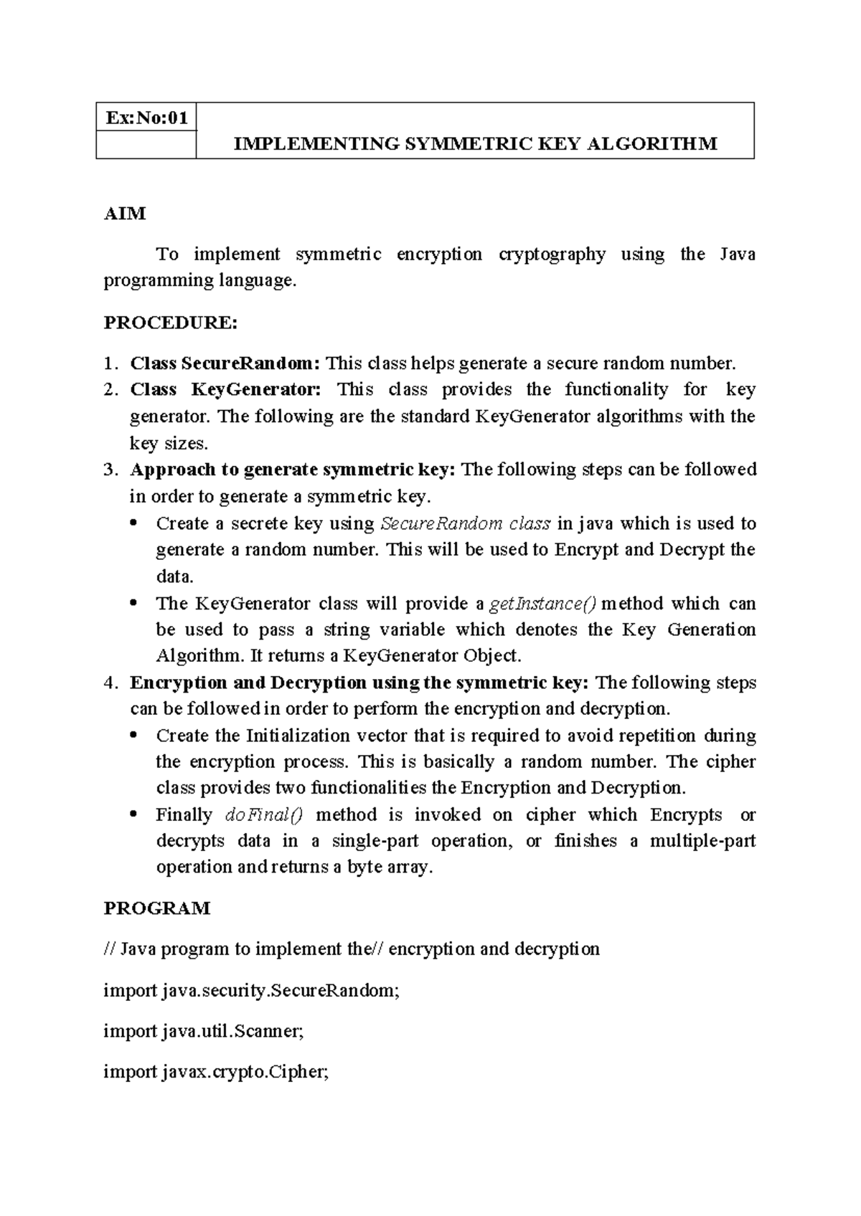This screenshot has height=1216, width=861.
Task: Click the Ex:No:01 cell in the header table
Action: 146,118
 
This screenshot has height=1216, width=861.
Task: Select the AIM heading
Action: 125,213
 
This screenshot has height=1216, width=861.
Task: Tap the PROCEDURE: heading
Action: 170,323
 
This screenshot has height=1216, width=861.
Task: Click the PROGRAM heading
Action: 157,908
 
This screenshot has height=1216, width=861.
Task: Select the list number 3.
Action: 109,470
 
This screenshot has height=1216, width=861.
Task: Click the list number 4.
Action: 109,683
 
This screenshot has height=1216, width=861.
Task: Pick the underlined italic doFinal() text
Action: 264,815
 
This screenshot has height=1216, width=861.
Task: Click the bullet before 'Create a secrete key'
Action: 134,524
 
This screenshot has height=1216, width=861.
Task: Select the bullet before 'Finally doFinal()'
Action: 134,816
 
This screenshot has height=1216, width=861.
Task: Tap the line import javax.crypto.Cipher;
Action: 216,1072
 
